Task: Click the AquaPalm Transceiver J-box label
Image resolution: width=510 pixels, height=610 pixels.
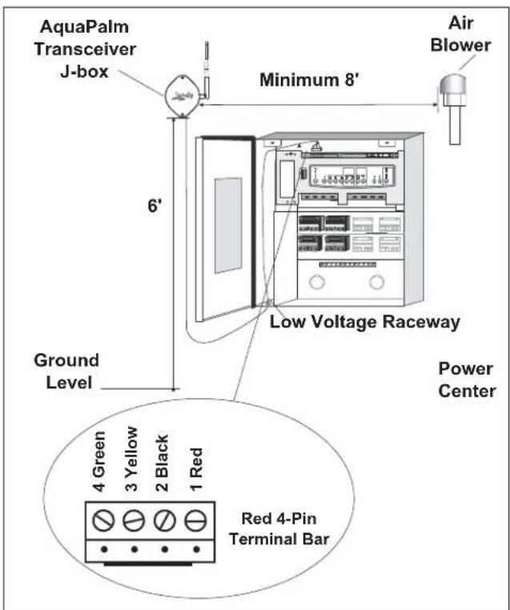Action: click(85, 50)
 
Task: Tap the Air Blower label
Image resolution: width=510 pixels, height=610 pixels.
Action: click(460, 34)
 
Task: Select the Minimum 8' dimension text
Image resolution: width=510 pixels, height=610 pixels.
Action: click(309, 80)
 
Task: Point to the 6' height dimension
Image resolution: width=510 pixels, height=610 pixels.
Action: click(154, 206)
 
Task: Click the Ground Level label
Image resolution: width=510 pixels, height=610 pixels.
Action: click(66, 371)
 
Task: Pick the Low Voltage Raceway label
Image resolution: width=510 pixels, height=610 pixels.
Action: click(365, 322)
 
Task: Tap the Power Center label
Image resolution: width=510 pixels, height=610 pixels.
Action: click(467, 379)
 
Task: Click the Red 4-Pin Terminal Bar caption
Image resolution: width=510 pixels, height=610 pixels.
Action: click(279, 529)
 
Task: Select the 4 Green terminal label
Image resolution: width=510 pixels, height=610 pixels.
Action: click(98, 461)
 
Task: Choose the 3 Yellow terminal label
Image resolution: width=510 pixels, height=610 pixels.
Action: click(131, 459)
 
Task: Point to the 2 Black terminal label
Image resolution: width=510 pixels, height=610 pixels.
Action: click(162, 463)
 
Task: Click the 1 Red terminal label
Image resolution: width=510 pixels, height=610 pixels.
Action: click(196, 469)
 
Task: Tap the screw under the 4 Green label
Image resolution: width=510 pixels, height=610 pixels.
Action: click(103, 520)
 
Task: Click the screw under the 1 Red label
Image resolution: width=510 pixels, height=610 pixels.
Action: click(195, 520)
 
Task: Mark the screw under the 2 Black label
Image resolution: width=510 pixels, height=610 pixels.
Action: click(165, 520)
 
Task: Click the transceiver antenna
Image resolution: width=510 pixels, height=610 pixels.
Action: click(207, 70)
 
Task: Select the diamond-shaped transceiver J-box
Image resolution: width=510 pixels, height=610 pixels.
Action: click(182, 95)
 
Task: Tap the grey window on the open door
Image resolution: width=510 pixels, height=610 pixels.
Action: click(228, 226)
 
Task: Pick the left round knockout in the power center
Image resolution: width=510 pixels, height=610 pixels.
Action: click(317, 282)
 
